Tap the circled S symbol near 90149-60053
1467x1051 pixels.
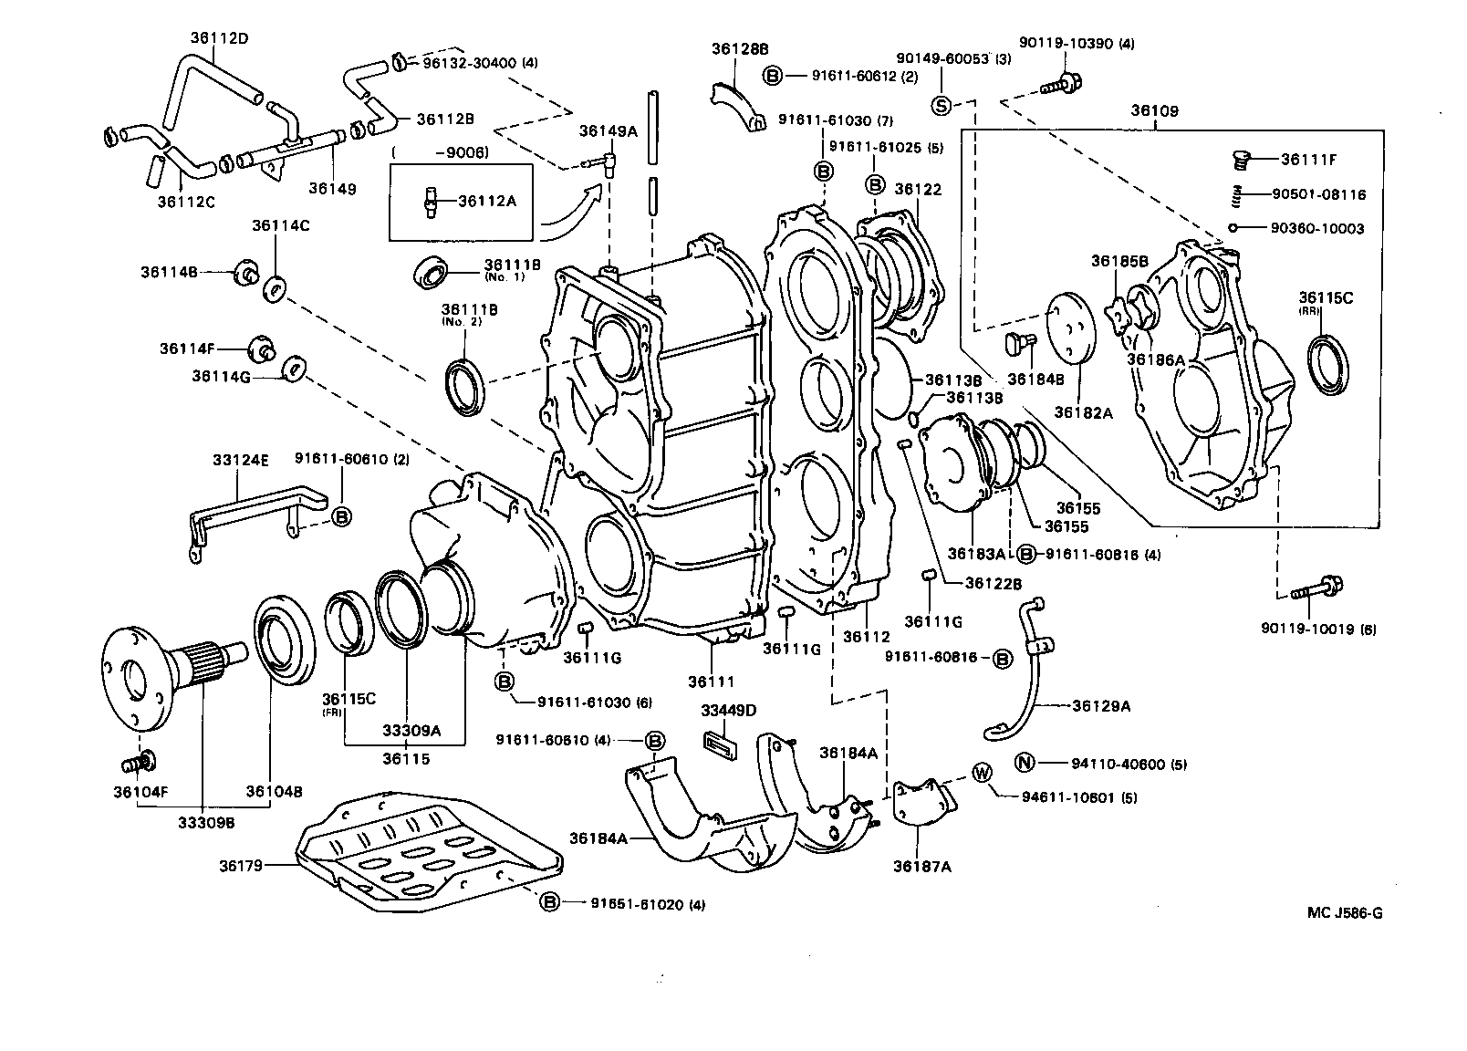(941, 106)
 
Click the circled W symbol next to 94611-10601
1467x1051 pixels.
(982, 773)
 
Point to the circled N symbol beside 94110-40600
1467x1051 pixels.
(1025, 764)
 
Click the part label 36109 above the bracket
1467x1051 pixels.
(1155, 111)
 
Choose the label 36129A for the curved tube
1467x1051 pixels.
(1101, 704)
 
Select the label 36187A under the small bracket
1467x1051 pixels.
(922, 866)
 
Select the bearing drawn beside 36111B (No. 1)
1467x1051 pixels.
(432, 272)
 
